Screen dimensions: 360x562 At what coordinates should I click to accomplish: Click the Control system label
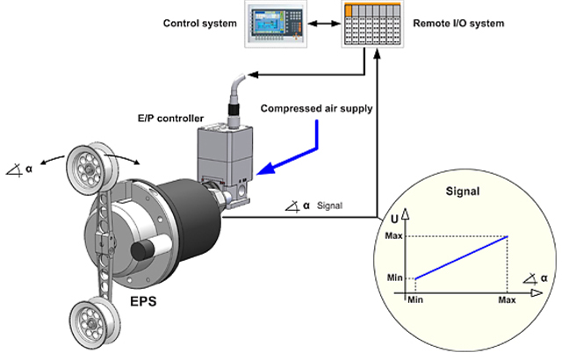click(x=198, y=21)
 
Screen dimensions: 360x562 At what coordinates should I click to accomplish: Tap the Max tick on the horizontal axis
click(x=507, y=299)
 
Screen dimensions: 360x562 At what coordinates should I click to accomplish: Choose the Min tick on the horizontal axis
click(x=414, y=299)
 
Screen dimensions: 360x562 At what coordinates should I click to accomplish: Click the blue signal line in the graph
click(x=461, y=257)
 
